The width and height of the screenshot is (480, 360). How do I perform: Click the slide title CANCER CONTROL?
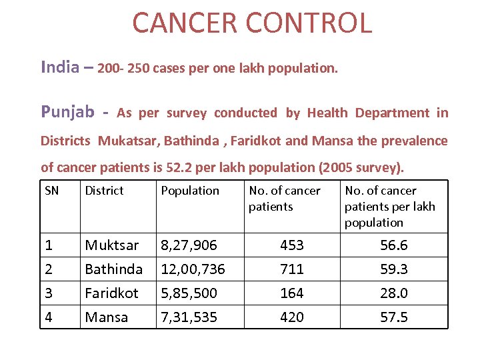coord(252,23)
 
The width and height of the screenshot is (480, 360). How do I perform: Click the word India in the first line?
coord(60,67)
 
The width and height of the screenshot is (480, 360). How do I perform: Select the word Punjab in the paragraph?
coord(67,112)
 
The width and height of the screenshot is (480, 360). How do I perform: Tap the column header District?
coord(104,191)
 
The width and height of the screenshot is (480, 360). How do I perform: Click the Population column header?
coord(190,191)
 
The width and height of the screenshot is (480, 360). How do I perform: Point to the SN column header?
coord(51,191)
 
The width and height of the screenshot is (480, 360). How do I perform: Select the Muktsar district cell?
coord(111,245)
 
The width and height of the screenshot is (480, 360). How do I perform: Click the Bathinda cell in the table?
coord(113,269)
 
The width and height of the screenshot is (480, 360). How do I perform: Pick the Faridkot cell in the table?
coord(111,293)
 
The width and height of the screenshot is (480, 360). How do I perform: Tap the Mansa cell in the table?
coord(106,317)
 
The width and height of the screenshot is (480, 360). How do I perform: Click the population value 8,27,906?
coord(189,245)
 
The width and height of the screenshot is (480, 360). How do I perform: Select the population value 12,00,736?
coord(193,269)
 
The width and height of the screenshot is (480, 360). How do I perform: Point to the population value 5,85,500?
coord(189,293)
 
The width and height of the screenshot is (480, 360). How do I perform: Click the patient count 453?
coord(292,245)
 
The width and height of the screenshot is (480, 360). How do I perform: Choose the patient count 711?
coord(292,269)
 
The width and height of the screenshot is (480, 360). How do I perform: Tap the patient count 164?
coord(292,293)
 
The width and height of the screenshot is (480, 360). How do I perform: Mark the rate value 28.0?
coord(394,293)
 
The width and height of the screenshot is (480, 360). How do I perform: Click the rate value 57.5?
coord(394,317)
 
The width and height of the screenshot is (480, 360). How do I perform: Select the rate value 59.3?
coord(394,269)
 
